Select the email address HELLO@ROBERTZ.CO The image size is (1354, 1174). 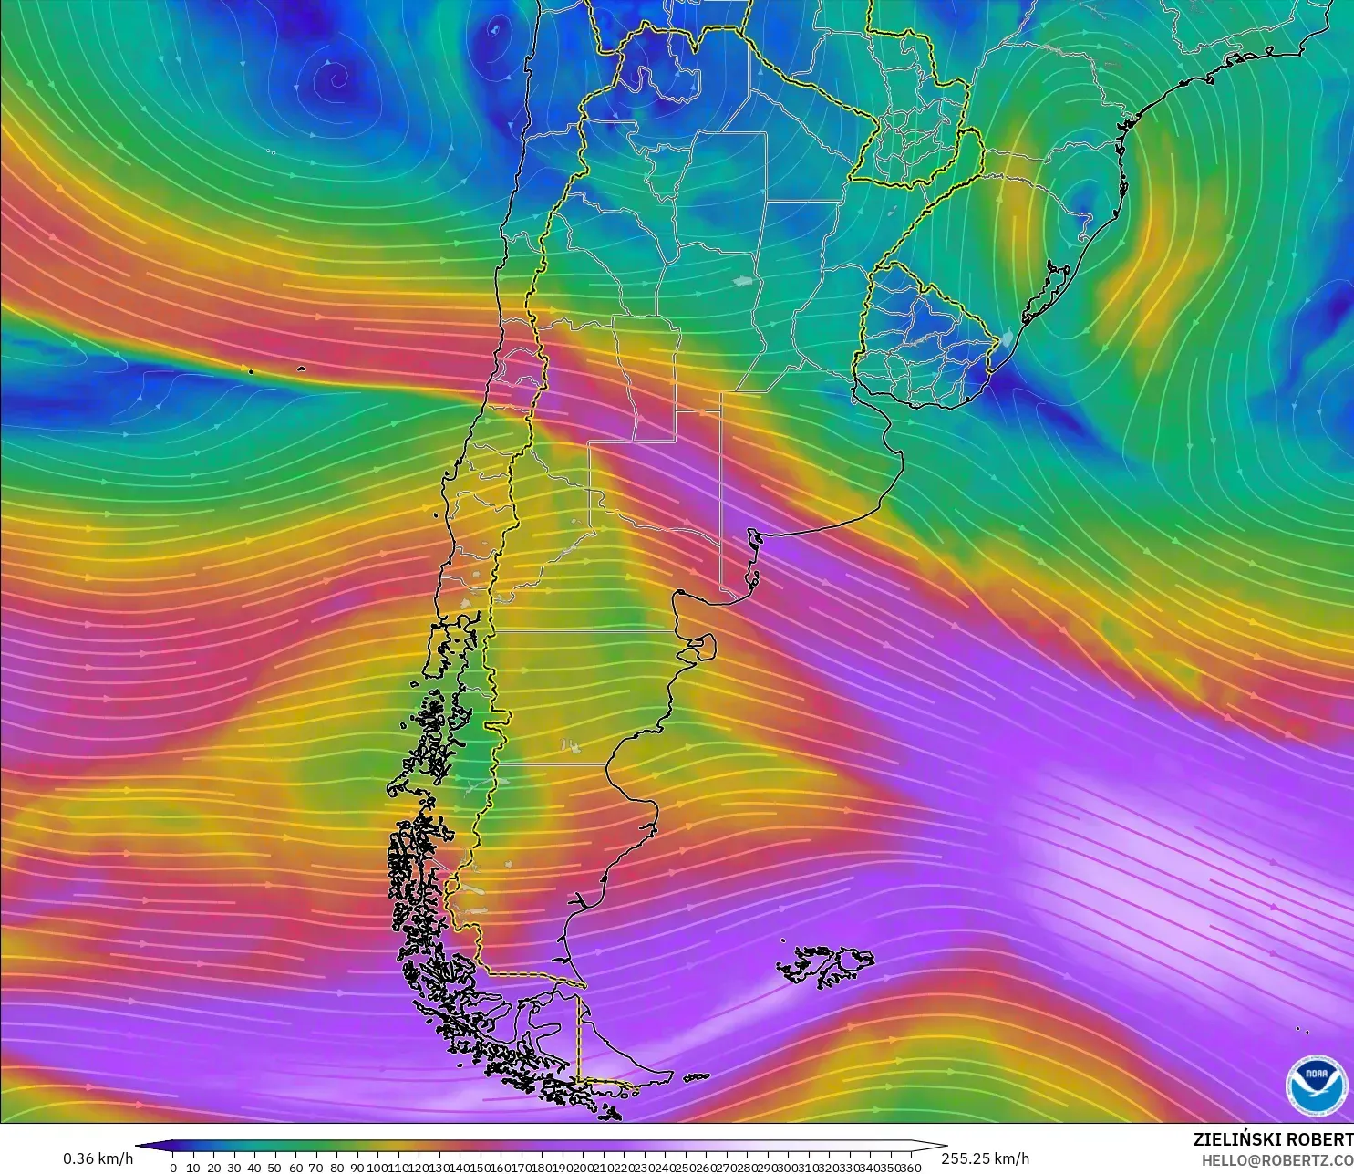1276,1160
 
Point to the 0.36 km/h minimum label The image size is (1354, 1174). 98,1158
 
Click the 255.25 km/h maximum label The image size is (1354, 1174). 985,1158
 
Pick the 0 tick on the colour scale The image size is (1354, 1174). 173,1167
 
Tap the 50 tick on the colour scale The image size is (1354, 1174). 274,1167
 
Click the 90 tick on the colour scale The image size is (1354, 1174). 357,1167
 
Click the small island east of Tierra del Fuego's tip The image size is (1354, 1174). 697,1077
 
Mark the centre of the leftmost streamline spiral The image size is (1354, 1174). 336,78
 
